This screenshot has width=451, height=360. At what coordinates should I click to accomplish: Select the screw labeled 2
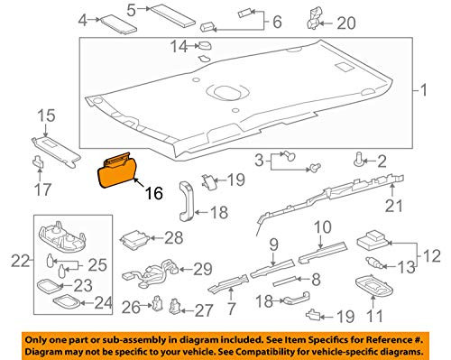point(361,161)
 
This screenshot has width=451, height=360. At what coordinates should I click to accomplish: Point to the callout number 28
point(172,238)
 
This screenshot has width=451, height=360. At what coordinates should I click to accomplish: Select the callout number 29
point(205,268)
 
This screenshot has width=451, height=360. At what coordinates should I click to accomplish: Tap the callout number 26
point(132,308)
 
